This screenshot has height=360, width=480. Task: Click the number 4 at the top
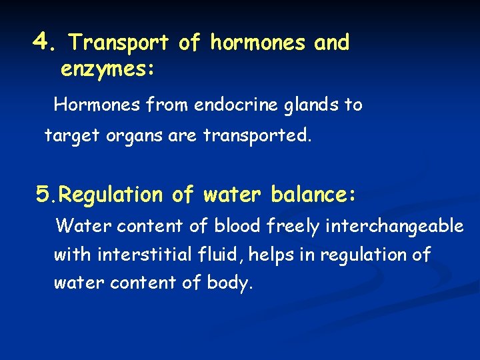click(43, 42)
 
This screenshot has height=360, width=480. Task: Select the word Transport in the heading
click(119, 43)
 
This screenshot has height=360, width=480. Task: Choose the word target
click(67, 136)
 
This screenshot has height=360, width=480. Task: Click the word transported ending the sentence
click(257, 136)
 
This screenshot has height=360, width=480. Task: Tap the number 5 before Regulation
click(43, 195)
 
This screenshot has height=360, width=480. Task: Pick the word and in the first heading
click(331, 43)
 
